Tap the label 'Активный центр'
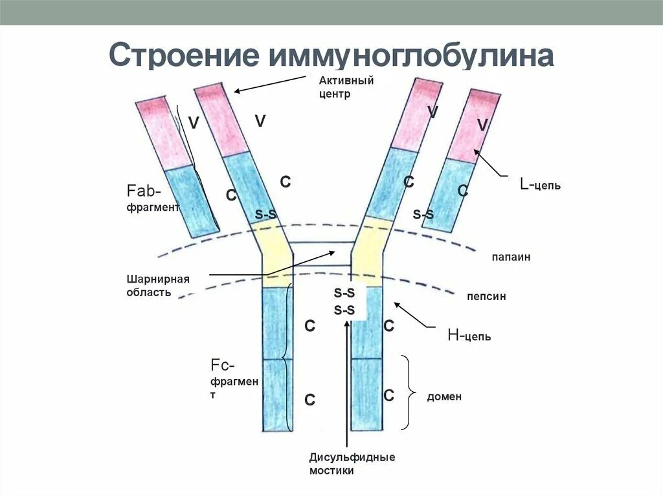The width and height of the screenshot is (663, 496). (346, 87)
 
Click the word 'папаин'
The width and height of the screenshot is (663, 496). (510, 257)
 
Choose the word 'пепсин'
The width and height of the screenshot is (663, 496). (486, 297)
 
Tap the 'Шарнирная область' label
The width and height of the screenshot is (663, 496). (158, 285)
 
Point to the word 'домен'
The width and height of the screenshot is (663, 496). (444, 396)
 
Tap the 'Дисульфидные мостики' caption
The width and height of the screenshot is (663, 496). (352, 464)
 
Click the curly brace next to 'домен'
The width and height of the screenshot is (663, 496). (408, 392)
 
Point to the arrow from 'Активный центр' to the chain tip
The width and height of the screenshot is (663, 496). (269, 83)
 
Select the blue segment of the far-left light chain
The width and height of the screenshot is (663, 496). (191, 200)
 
